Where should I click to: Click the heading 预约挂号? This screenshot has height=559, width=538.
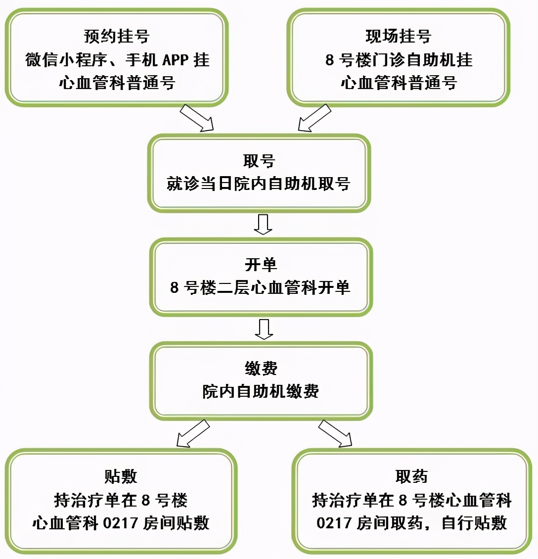[117, 36]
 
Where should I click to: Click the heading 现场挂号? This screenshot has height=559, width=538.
[398, 36]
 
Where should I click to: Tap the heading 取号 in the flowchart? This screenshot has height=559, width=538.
[259, 161]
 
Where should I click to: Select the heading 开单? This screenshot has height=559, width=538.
[261, 265]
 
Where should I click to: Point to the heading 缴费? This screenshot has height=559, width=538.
[261, 369]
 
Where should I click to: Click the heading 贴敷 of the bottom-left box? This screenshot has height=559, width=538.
[121, 476]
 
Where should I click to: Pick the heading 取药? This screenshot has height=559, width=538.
[411, 476]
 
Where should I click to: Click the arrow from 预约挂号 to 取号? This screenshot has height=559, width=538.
[196, 118]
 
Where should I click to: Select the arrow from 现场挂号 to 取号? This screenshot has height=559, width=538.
[314, 118]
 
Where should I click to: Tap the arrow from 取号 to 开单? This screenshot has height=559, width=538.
[263, 224]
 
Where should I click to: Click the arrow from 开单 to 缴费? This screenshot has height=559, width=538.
[264, 329]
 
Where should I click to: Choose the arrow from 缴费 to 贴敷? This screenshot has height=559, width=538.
[193, 434]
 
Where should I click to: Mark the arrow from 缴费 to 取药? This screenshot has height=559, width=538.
[336, 434]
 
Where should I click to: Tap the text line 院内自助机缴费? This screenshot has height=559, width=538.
[261, 391]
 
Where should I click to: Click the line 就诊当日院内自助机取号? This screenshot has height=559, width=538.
[259, 184]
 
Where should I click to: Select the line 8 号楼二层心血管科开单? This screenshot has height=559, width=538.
[260, 287]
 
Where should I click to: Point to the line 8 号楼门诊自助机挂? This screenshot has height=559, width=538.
[399, 60]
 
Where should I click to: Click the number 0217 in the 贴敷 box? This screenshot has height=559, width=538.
[121, 523]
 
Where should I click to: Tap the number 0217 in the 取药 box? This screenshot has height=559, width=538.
[334, 523]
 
